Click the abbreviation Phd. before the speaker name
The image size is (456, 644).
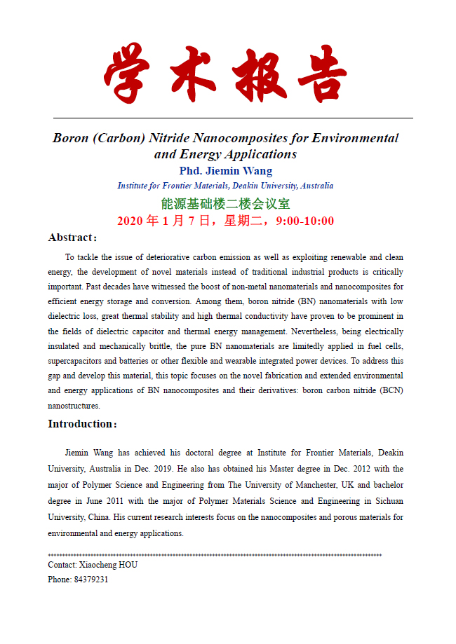coord(192,170)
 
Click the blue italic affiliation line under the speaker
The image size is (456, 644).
coord(225,186)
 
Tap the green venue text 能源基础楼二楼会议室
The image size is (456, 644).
coord(225,203)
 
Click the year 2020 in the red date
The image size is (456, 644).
coord(130,221)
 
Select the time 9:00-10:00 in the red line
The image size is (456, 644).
coord(305,221)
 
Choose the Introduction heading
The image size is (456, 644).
coord(82,423)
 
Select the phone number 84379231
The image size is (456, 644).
coord(91,580)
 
